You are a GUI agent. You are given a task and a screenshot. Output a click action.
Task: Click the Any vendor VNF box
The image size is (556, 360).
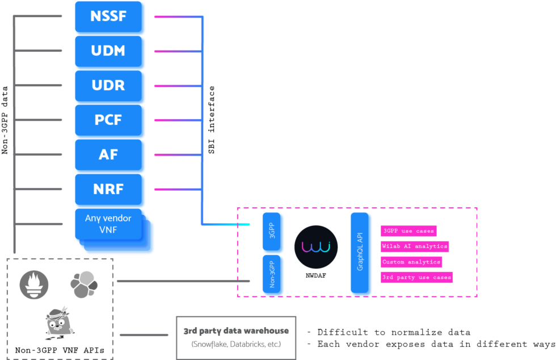pyautogui.click(x=108, y=224)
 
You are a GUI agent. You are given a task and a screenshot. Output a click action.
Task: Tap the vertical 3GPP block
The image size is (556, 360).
pyautogui.click(x=273, y=233)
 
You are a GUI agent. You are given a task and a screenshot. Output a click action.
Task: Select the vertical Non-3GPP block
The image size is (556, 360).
pyautogui.click(x=273, y=275)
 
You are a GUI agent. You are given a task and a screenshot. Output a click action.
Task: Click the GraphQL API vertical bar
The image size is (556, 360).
pyautogui.click(x=361, y=254)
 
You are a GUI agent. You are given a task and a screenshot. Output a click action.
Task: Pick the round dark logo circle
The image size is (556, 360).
pyautogui.click(x=316, y=247)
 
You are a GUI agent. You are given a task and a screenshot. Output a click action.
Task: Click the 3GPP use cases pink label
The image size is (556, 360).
pyautogui.click(x=408, y=231)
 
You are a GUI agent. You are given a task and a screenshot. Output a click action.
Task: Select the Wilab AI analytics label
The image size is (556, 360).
pyautogui.click(x=415, y=246)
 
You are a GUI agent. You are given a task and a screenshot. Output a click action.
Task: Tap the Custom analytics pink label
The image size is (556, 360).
pyautogui.click(x=411, y=262)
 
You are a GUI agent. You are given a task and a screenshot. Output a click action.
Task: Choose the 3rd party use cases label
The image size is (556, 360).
pyautogui.click(x=417, y=277)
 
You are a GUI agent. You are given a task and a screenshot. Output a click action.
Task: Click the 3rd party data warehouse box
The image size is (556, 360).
pyautogui.click(x=236, y=337)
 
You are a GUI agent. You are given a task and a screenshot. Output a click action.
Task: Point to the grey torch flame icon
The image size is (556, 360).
pyautogui.click(x=34, y=284)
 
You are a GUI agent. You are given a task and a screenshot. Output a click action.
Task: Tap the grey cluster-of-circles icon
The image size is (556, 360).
pyautogui.click(x=84, y=284)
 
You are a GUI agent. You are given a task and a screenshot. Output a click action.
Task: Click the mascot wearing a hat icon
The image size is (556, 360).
pyautogui.click(x=60, y=324)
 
